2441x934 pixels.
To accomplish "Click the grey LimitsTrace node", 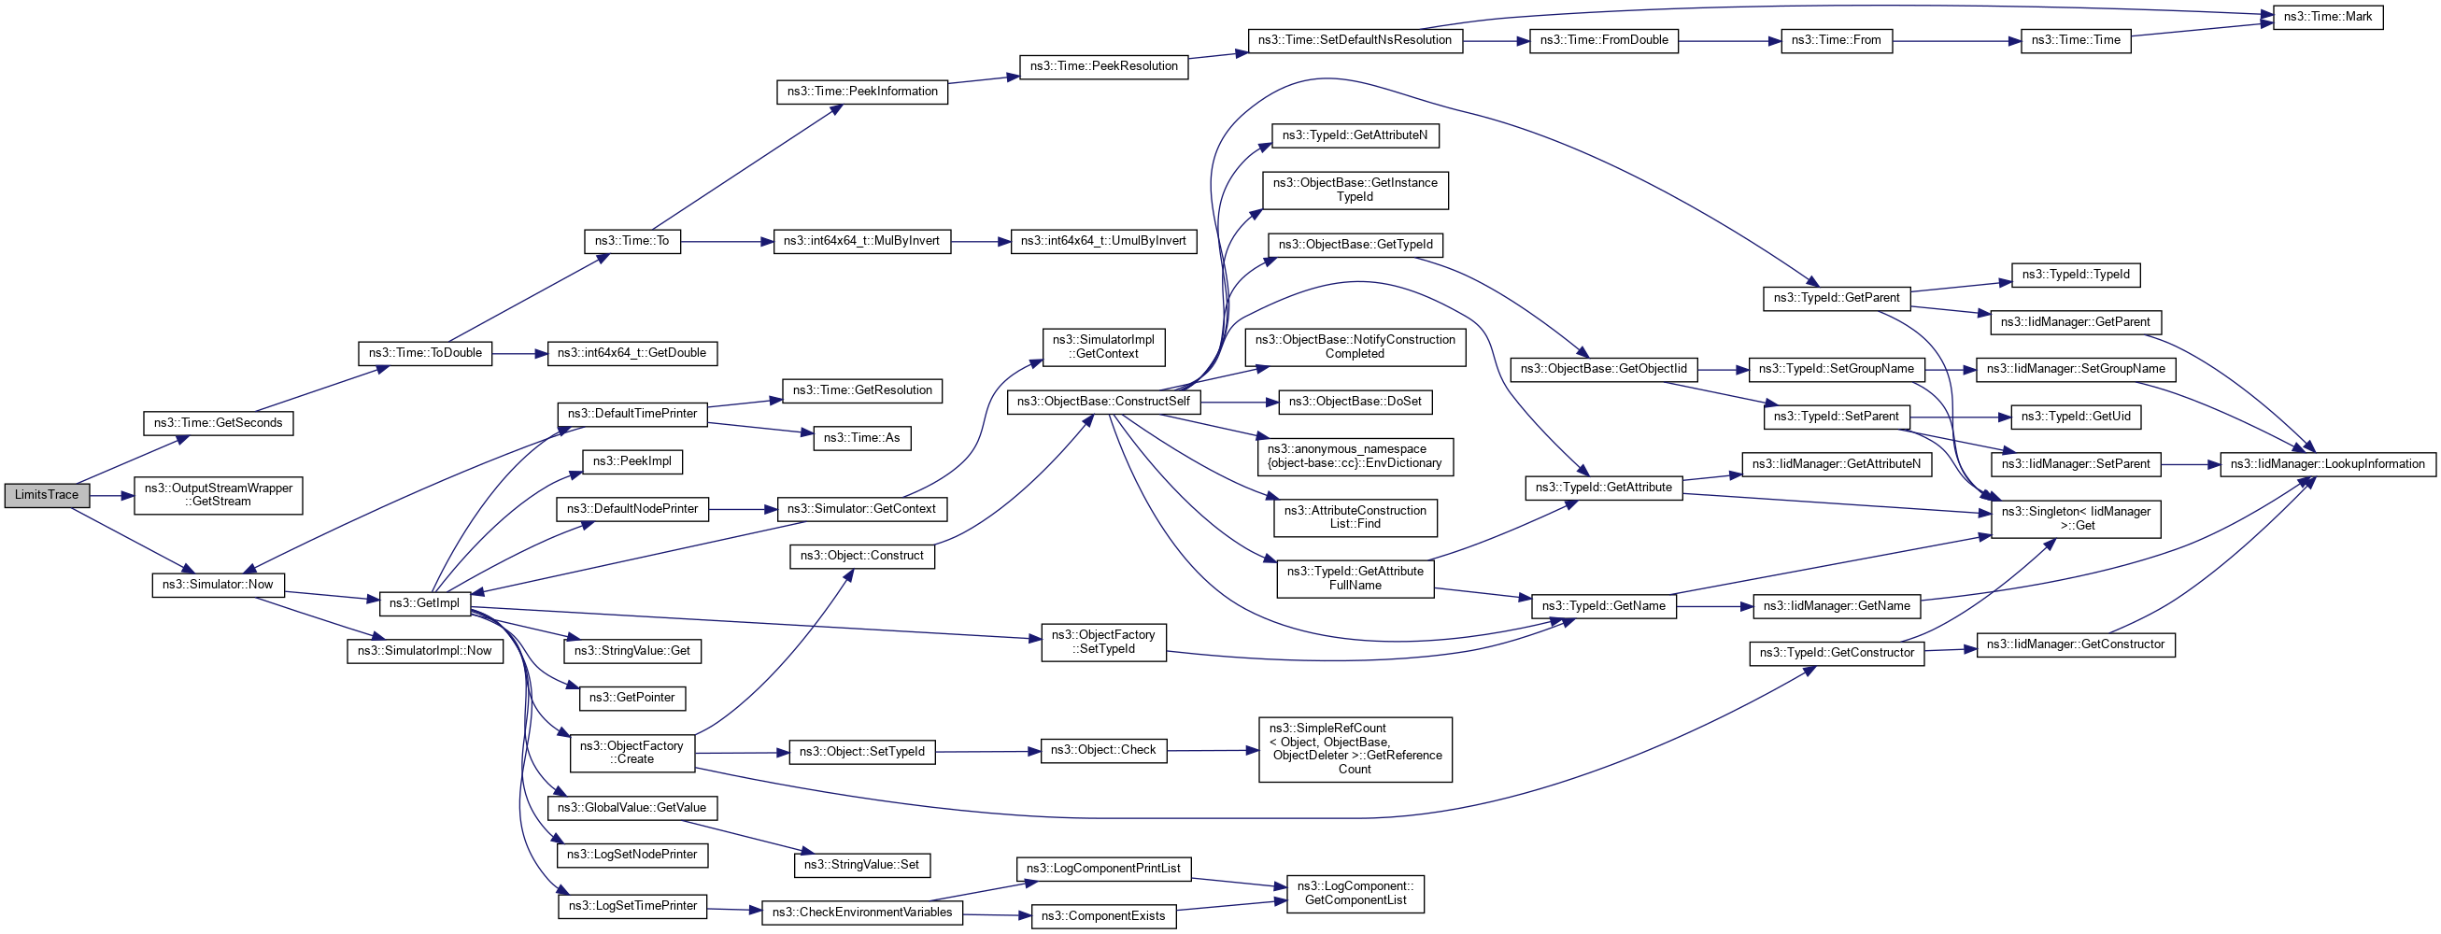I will [x=47, y=495].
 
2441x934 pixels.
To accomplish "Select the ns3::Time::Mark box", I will [x=2327, y=17].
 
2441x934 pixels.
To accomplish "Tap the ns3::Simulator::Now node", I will [x=217, y=585].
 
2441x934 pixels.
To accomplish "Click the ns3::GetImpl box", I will [x=424, y=603].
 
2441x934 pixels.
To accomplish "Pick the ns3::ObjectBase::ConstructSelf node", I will [x=1103, y=402].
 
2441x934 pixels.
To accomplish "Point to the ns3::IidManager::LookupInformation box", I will [x=2327, y=464].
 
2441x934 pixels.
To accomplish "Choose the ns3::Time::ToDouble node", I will [x=424, y=353].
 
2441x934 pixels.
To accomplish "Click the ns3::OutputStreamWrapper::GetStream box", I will [x=218, y=495].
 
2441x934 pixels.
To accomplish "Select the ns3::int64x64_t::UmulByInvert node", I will [x=1103, y=242].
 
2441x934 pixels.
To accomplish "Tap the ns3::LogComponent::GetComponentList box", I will [x=1355, y=893].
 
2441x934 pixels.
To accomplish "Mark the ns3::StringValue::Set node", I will [x=861, y=865].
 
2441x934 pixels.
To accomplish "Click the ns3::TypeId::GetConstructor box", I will [x=1836, y=653].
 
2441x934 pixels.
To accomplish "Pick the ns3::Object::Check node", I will [x=1103, y=750].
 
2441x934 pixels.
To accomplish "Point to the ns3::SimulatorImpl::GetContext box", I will [x=1103, y=347].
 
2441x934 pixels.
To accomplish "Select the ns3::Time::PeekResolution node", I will [x=1103, y=66].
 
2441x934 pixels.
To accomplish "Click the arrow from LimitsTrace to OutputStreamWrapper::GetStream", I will [x=112, y=495].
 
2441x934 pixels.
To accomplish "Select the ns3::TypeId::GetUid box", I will [x=2075, y=417].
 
